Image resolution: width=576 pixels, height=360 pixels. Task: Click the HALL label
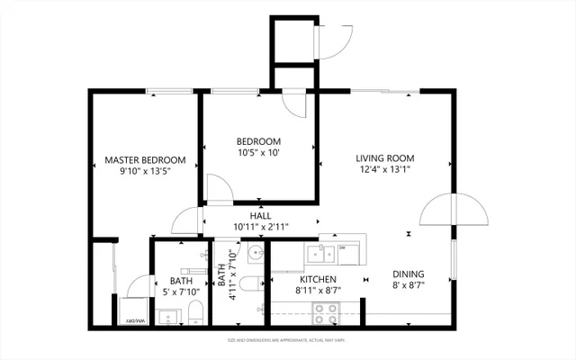tap(260, 216)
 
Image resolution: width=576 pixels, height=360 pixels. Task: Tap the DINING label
tap(408, 274)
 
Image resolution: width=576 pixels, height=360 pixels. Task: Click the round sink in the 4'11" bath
tap(255, 251)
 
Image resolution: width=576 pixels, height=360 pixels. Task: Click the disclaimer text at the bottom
tap(287, 340)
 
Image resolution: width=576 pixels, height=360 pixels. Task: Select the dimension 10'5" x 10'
tap(259, 153)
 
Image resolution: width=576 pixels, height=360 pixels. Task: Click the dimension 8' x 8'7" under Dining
tap(408, 286)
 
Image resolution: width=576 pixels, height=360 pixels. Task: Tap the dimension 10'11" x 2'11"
tap(260, 227)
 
